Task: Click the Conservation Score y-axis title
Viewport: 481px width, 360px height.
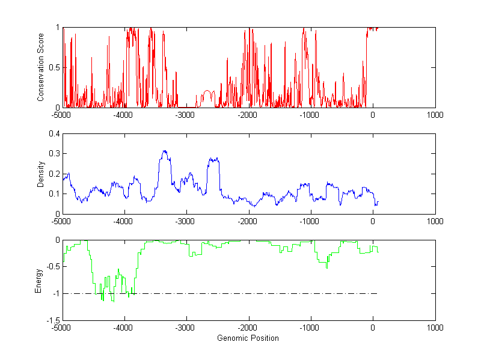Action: point(41,67)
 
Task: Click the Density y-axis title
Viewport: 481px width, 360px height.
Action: point(41,174)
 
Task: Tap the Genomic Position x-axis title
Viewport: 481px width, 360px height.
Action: point(248,338)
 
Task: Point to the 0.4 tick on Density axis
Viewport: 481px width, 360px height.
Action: point(54,134)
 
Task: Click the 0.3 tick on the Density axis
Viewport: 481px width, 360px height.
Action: point(54,154)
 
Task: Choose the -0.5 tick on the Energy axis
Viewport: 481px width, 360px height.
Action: point(52,266)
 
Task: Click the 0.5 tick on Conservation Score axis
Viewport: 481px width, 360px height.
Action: point(54,67)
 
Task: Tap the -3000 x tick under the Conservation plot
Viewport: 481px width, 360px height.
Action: point(186,114)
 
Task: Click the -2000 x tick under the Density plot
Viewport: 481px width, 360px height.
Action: point(248,221)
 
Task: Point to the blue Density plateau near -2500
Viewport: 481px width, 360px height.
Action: point(213,159)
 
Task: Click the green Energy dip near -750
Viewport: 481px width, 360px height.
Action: point(326,267)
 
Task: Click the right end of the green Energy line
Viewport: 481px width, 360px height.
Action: point(378,251)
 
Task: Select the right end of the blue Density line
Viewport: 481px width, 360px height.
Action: point(378,202)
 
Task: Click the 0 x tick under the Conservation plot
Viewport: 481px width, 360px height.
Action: point(373,114)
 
